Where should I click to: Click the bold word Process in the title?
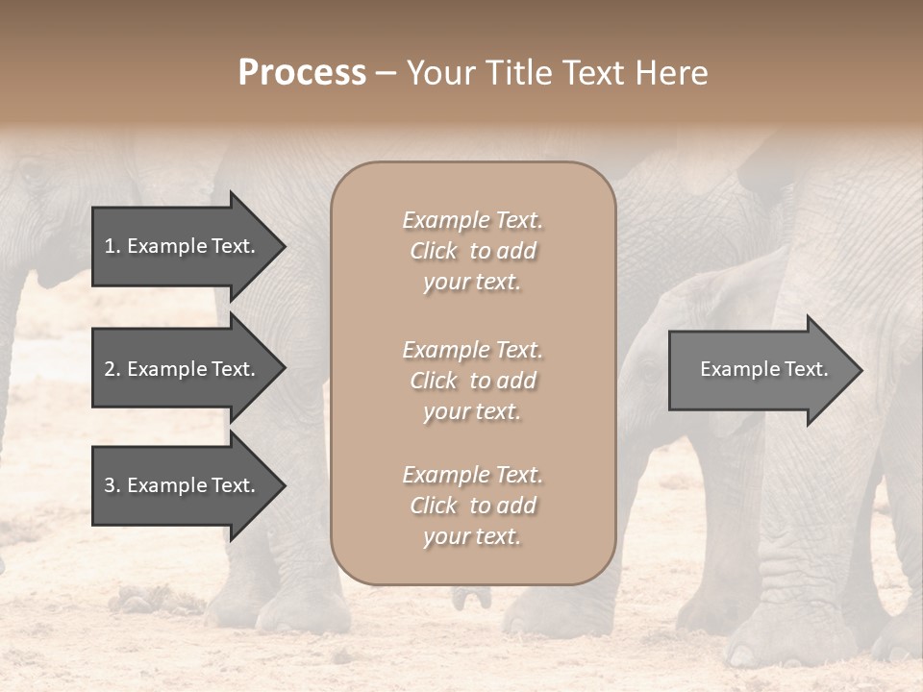pos(302,73)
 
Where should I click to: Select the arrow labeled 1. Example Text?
pos(183,246)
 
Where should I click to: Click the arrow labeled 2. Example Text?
pos(183,369)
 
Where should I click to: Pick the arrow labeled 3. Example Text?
pos(183,485)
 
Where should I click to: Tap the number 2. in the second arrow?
pos(112,369)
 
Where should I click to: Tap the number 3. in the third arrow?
pos(112,485)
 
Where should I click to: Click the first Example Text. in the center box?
pos(472,220)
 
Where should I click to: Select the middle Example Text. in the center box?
pos(472,350)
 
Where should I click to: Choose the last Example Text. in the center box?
pos(472,475)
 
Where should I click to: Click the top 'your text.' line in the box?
pos(472,283)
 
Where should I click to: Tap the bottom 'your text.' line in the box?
pos(472,537)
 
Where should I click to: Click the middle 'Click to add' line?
pos(472,381)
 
